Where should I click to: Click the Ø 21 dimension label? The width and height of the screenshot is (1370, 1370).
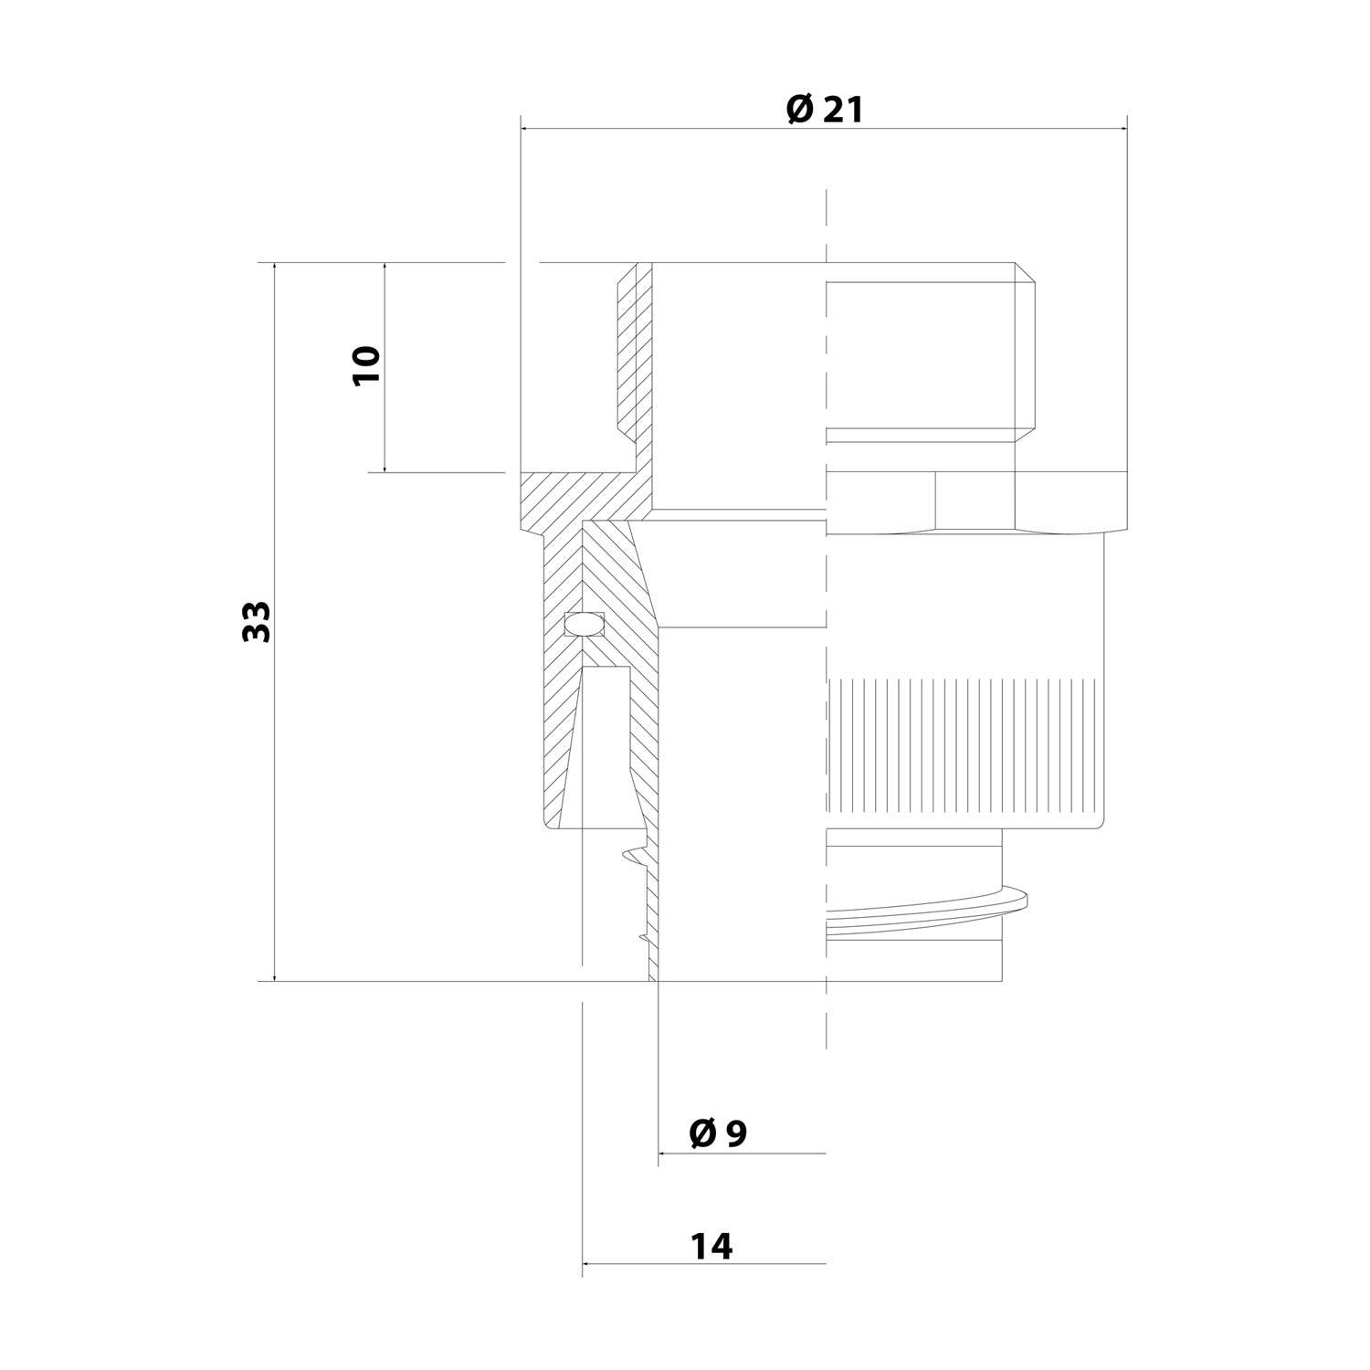click(824, 110)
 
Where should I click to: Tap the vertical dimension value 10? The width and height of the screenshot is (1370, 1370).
click(365, 365)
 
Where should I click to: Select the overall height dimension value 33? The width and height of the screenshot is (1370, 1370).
click(257, 621)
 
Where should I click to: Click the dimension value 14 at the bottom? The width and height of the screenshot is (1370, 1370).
click(711, 1246)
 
